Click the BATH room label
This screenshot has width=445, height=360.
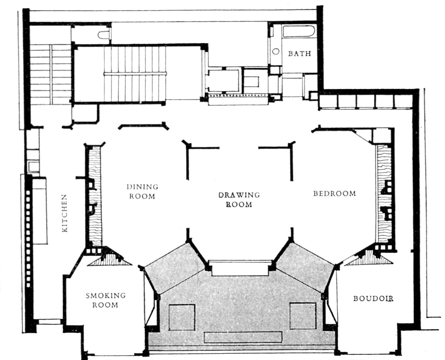coord(299,54)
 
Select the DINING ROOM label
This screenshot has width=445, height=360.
coord(142,191)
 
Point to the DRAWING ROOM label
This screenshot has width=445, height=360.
coord(239,199)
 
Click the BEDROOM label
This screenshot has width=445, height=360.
coord(334,194)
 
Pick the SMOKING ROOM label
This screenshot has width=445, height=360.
coord(105,300)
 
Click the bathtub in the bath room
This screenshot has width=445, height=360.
coord(299,31)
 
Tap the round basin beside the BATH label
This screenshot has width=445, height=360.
coord(276,51)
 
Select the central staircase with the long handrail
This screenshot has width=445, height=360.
coord(135,73)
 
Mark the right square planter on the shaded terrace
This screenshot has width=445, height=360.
coord(303,316)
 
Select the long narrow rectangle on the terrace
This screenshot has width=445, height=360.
coord(243,337)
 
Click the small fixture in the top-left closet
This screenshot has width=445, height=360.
coord(104,35)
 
